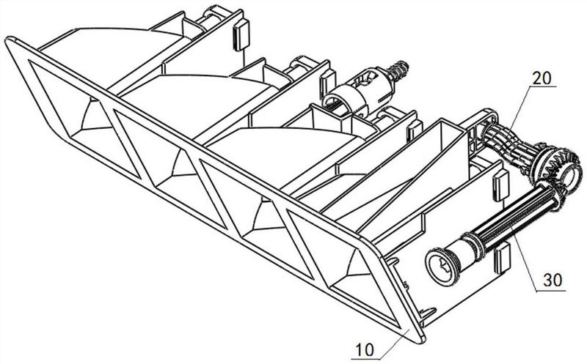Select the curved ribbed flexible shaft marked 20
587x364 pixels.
pyautogui.click(x=511, y=146)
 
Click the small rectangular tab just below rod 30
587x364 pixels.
pyautogui.click(x=503, y=258)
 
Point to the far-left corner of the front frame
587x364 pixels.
pyautogui.click(x=9, y=41)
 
